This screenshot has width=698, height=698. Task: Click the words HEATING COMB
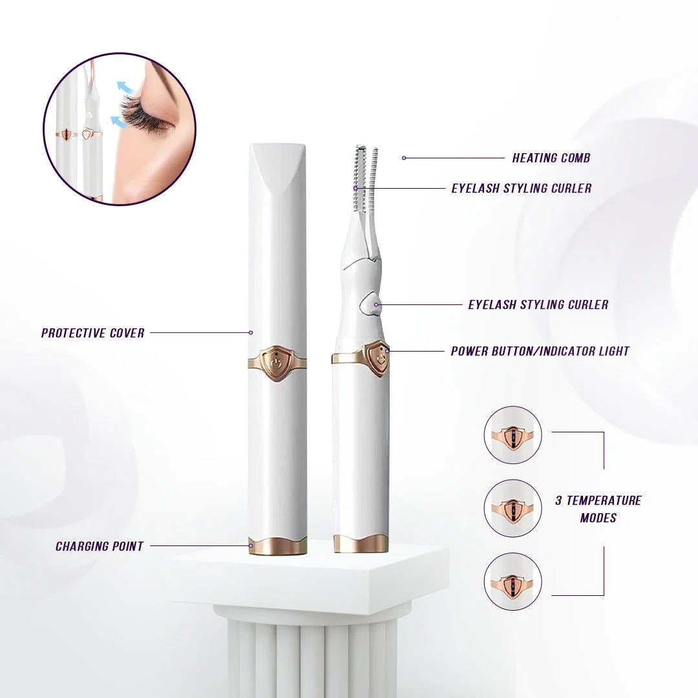click(551, 158)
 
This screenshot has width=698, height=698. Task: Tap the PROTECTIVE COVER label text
click(93, 333)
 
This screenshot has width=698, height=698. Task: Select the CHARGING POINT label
click(100, 546)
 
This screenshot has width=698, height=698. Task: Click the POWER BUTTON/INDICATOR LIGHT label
click(540, 351)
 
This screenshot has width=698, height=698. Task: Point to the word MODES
click(598, 518)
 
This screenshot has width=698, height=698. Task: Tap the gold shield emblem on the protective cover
click(277, 363)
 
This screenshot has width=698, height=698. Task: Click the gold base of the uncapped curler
click(361, 544)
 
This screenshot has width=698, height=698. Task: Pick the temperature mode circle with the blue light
click(513, 435)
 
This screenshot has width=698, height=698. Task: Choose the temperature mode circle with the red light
click(513, 582)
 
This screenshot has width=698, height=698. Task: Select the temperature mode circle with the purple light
click(513, 508)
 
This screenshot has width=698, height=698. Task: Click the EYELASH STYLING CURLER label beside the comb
click(521, 188)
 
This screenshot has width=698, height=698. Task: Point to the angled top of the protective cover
click(278, 162)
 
